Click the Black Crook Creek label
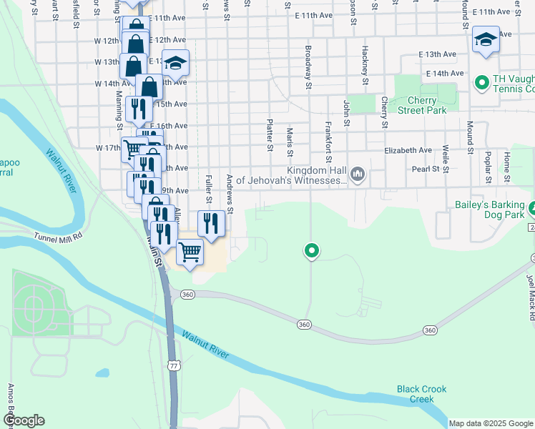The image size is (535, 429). click(x=422, y=394)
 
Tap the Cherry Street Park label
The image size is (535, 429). click(x=422, y=105)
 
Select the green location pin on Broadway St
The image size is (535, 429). click(x=311, y=251)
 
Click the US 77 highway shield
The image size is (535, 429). click(x=174, y=365)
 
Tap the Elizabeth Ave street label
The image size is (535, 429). click(x=408, y=151)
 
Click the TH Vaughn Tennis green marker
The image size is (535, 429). click(x=481, y=83)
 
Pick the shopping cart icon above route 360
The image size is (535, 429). click(x=190, y=252)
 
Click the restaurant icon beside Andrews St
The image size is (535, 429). click(x=211, y=222)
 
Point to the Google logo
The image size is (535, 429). click(x=24, y=420)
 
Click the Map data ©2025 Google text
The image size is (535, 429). click(x=490, y=423)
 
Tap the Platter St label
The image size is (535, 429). click(x=270, y=135)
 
